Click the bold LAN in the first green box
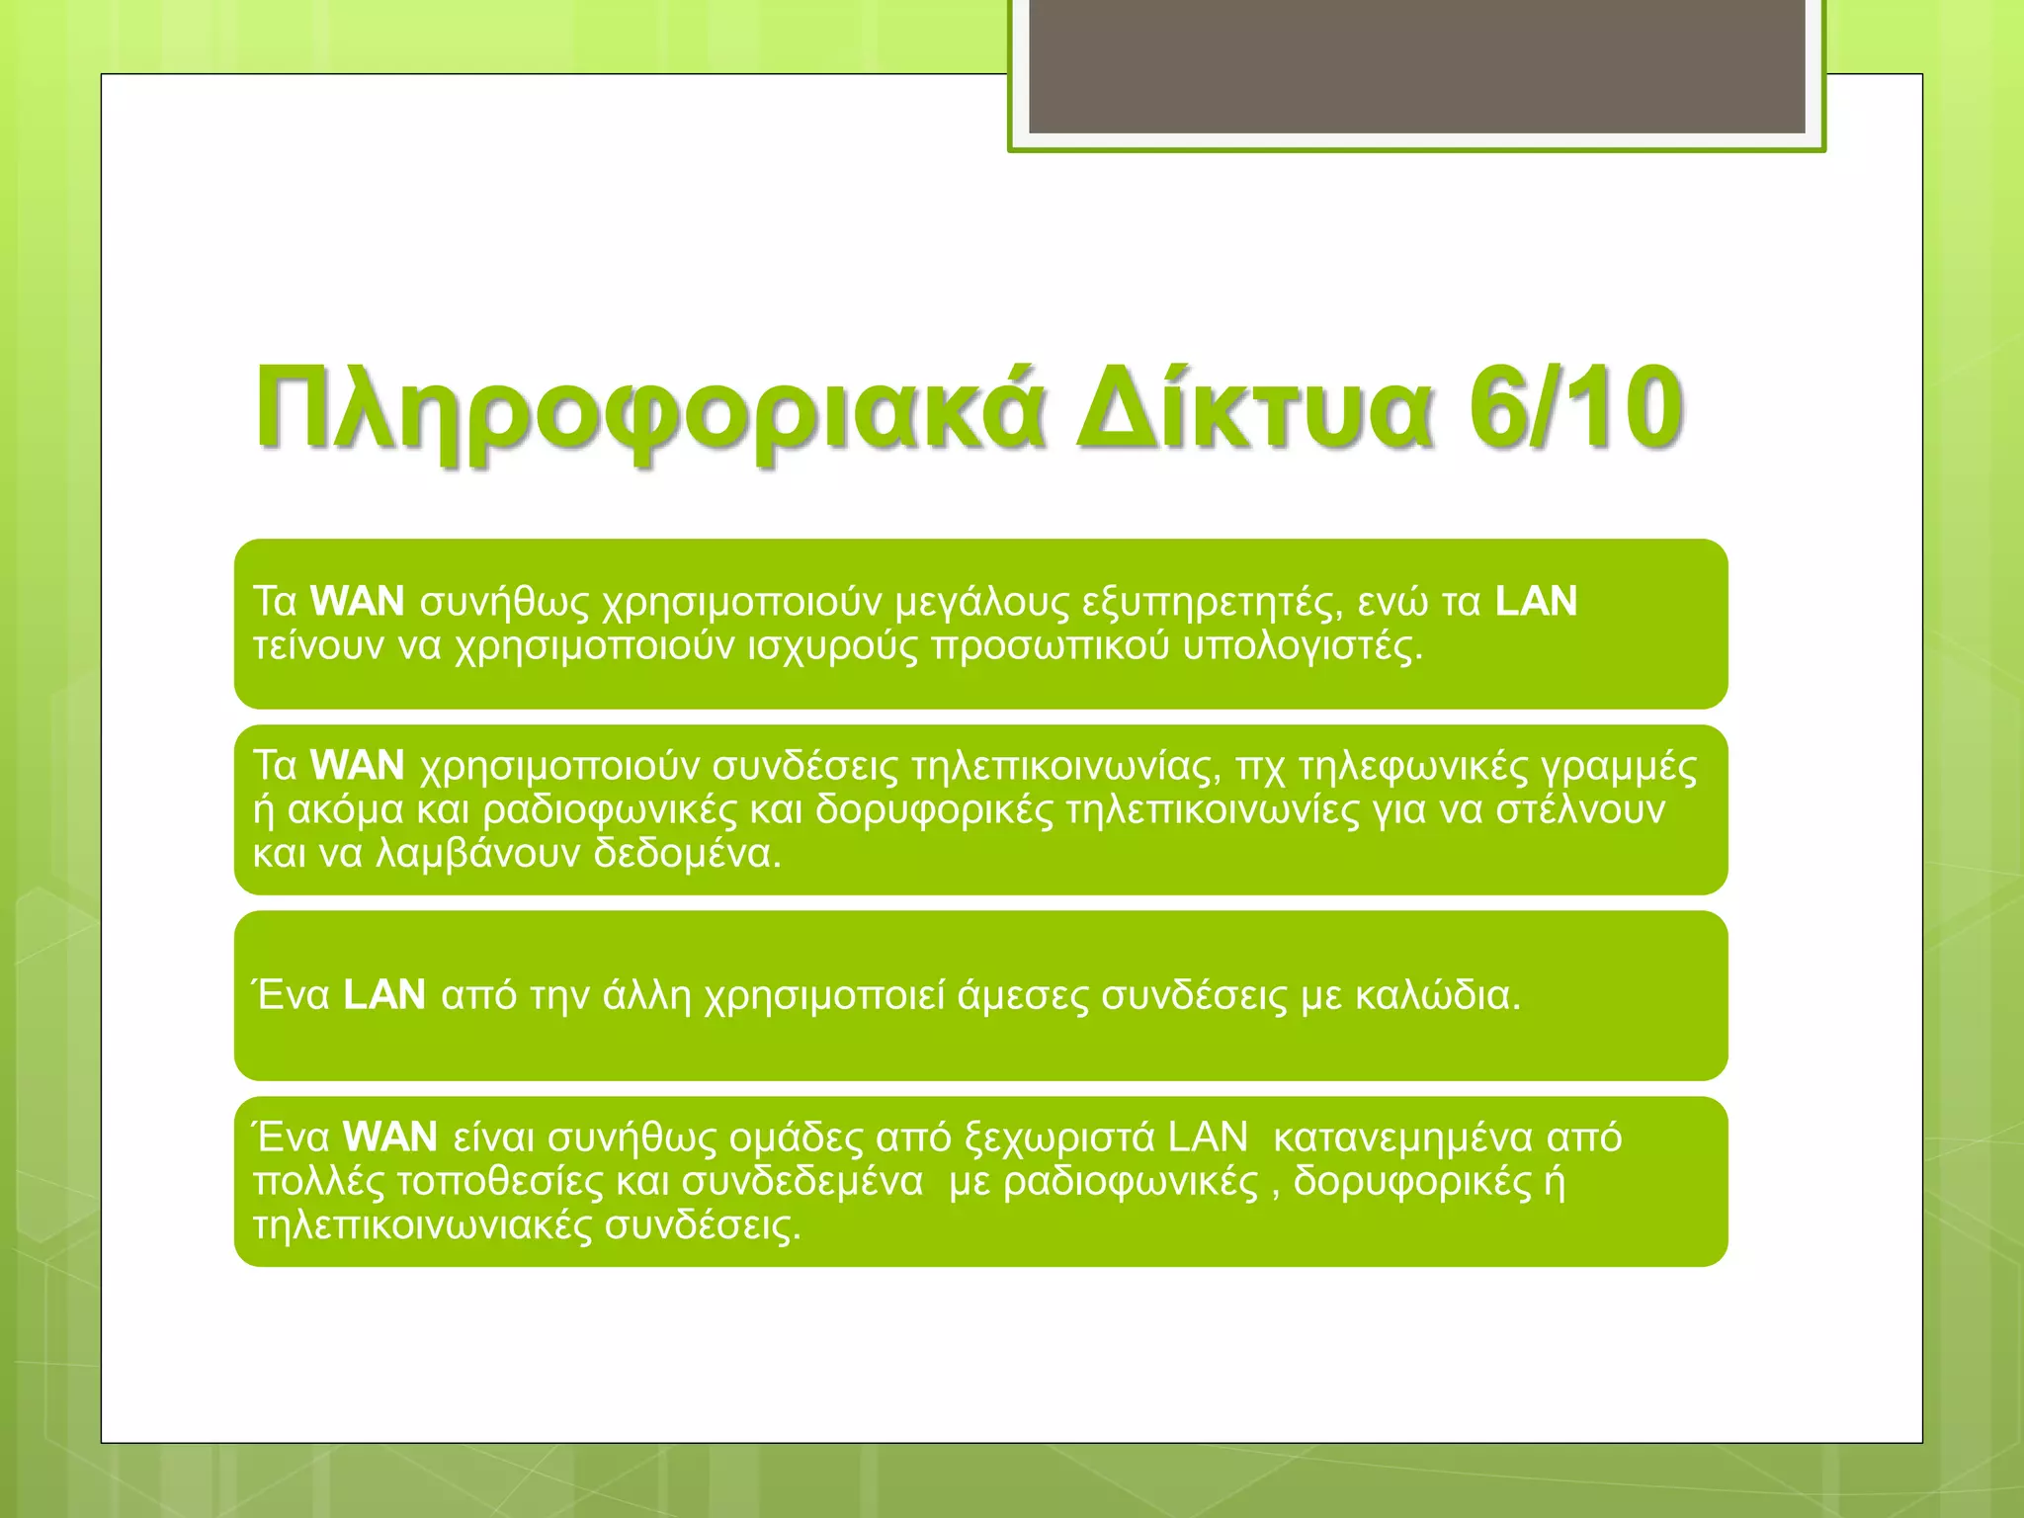tap(1536, 602)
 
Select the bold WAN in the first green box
tap(357, 602)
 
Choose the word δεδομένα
tap(687, 854)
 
